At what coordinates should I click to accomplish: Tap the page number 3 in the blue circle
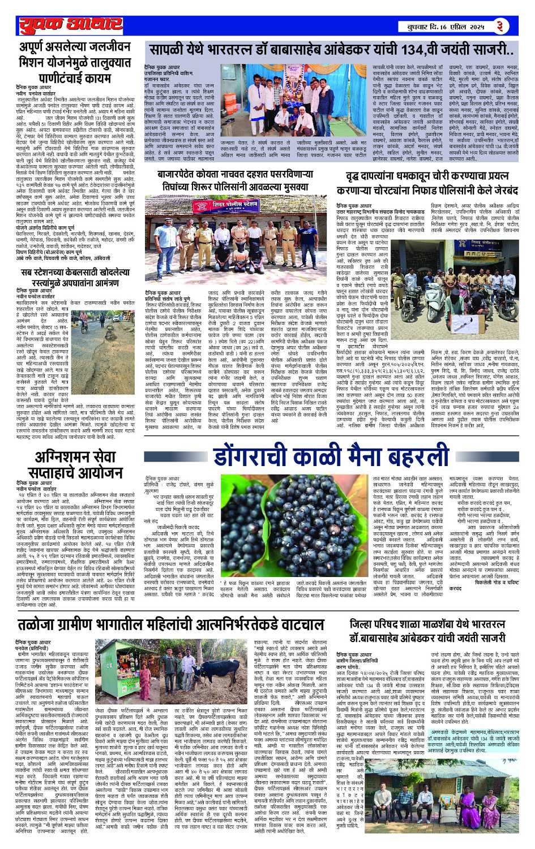(499, 26)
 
